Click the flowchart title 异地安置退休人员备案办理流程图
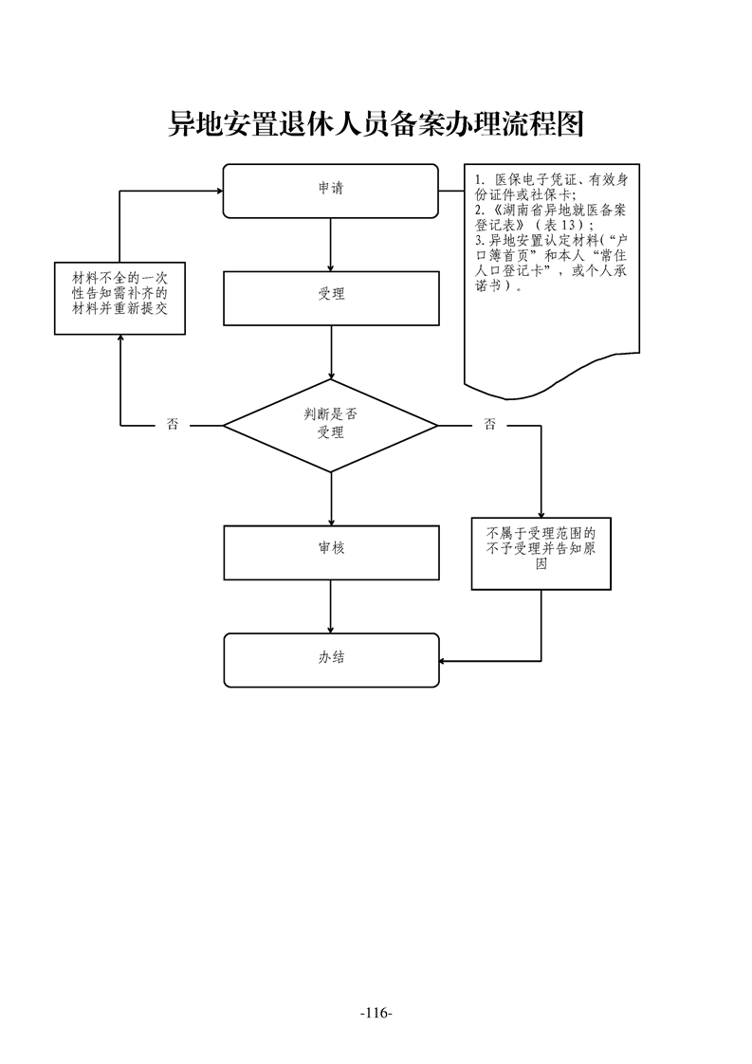click(375, 124)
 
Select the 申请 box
click(330, 190)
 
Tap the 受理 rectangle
click(331, 297)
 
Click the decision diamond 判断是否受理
click(330, 425)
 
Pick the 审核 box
click(331, 551)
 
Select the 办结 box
click(331, 659)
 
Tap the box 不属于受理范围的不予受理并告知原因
click(541, 554)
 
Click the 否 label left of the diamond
click(172, 425)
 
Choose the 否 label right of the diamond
click(489, 425)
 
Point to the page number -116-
click(376, 1014)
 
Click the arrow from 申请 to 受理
click(330, 244)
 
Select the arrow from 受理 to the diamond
click(331, 352)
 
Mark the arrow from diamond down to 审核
click(331, 498)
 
